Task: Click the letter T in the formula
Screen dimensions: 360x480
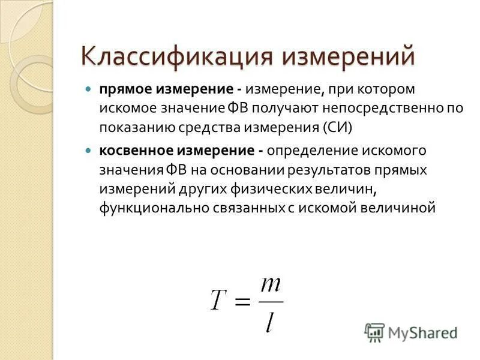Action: (x=217, y=299)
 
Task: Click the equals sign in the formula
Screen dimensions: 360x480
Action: (x=241, y=301)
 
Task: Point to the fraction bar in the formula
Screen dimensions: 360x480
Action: (x=271, y=301)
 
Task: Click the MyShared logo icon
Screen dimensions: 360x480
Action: (x=374, y=332)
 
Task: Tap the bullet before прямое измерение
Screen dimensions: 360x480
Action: (x=88, y=89)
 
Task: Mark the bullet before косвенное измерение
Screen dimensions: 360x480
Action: (x=88, y=149)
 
